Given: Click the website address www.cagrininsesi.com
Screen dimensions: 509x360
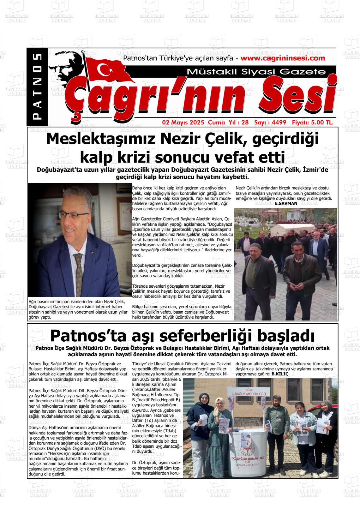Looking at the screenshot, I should pyautogui.click(x=283, y=58).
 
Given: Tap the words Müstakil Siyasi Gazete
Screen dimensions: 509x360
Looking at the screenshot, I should pyautogui.click(x=256, y=72).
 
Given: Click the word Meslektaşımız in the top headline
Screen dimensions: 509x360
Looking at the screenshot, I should pyautogui.click(x=101, y=139).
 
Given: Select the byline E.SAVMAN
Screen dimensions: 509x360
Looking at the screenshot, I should pyautogui.click(x=286, y=204).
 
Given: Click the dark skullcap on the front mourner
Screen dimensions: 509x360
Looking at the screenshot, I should pyautogui.click(x=252, y=246).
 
